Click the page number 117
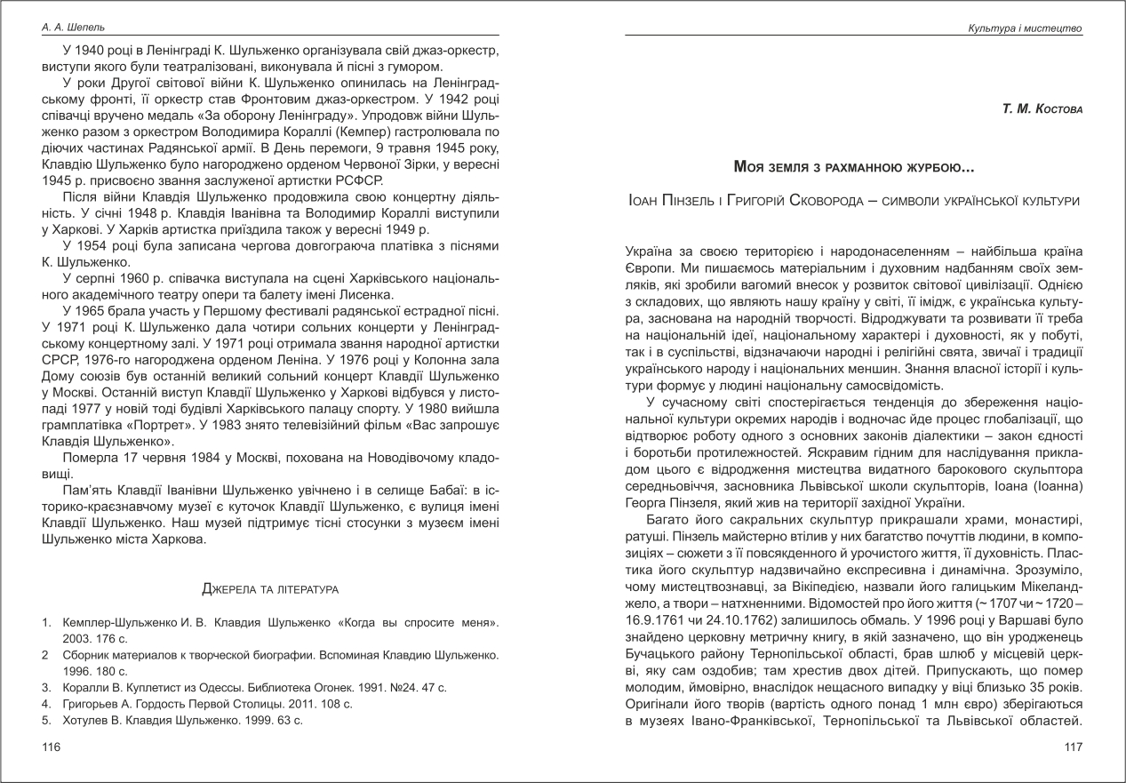click(1074, 747)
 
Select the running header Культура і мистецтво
click(1025, 28)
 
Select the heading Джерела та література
click(270, 588)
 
